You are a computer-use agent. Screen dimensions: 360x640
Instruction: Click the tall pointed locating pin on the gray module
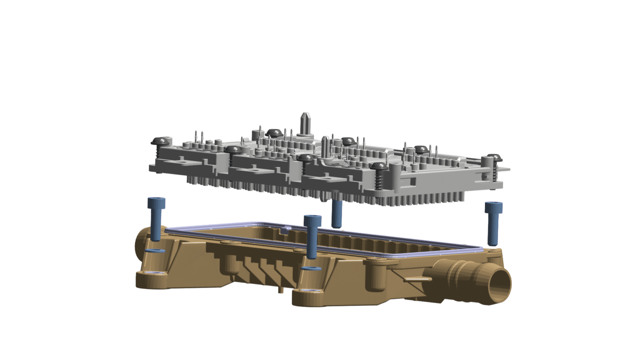coord(305,122)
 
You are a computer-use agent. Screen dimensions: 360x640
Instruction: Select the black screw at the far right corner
coord(494,158)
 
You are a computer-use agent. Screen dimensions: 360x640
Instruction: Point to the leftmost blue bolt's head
coord(156,203)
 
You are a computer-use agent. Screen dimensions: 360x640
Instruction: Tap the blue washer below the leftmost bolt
coord(155,251)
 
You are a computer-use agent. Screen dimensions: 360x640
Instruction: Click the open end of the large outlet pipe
coord(500,285)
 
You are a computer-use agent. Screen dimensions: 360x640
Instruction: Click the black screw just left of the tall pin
coord(274,133)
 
